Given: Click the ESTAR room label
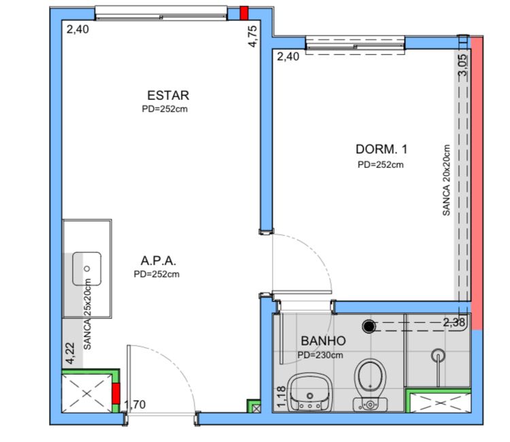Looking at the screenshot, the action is [168, 95].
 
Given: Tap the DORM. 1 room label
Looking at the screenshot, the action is [381, 150].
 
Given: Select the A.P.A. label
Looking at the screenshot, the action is [158, 260].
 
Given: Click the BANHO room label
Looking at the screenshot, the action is [323, 341].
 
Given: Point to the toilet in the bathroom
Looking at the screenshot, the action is [370, 386].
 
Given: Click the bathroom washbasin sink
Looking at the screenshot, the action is [309, 392].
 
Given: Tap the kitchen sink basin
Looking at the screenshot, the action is [87, 269].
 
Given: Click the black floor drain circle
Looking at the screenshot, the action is [369, 326].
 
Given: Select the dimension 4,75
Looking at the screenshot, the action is [252, 37].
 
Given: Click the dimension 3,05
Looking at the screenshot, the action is [463, 65].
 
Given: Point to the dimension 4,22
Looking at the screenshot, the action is [70, 353].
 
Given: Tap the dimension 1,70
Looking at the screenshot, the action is [135, 405].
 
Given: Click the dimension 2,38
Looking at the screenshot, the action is [454, 322].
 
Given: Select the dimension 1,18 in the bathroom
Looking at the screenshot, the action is [282, 396].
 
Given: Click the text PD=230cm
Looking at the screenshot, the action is [320, 355].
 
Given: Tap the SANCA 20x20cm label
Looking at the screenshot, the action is [446, 180].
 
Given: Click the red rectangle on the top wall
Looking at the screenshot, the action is [244, 13].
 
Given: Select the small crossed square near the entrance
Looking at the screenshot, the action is [256, 409].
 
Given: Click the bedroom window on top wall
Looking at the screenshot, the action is [355, 44].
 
